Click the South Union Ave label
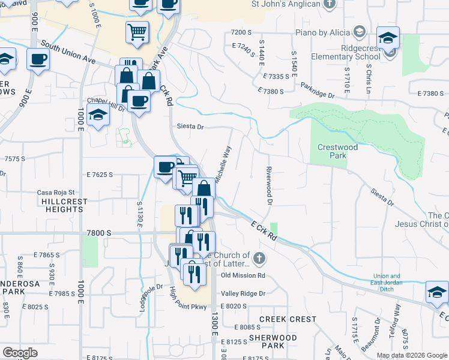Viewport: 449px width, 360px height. (x=67, y=52)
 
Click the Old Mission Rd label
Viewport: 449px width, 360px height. (x=243, y=275)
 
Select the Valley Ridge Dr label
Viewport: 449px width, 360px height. (x=243, y=293)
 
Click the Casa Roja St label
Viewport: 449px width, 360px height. (x=55, y=192)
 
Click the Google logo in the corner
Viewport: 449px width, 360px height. (x=20, y=353)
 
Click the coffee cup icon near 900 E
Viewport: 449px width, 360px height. (x=38, y=60)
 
